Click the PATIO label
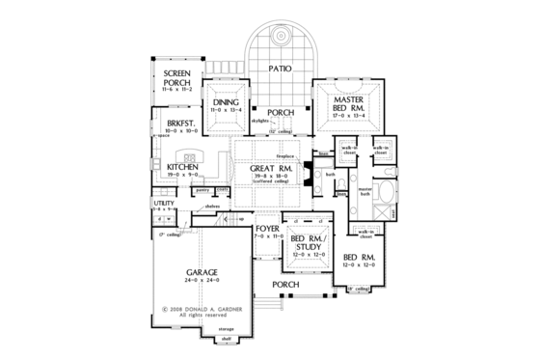point(280,69)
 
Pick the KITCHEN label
point(182,167)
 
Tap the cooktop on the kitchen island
point(190,156)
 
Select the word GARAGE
point(202,273)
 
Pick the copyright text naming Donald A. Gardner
point(200,310)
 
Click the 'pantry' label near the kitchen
point(203,190)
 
